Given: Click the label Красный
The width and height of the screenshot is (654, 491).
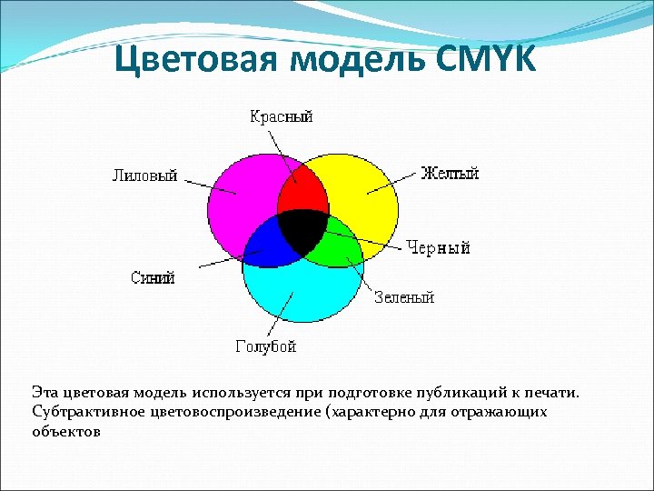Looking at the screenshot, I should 281,115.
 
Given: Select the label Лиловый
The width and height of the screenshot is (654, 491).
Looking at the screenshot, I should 144,175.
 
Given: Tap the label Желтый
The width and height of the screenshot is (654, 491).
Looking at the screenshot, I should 450,173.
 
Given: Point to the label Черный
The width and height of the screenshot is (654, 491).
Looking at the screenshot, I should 438,246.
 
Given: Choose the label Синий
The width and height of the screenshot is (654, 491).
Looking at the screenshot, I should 153,278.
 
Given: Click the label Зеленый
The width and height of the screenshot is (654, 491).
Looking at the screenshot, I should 404,297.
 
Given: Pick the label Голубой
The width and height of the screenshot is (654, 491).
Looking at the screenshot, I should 266,346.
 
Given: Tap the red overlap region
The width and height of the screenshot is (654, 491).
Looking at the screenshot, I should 302,194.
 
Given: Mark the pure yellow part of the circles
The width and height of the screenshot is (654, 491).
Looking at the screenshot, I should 363,191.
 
